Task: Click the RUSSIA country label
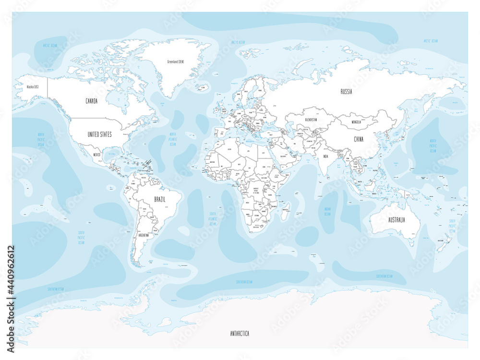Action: pos(346,92)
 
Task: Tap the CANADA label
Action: pos(91,101)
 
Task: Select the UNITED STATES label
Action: pos(99,134)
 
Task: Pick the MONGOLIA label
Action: pos(360,122)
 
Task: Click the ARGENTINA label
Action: pos(143,236)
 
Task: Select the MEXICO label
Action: pos(97,155)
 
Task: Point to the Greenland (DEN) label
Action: pos(176,61)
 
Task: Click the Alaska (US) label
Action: pos(33,87)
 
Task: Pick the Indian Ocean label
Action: pos(327,211)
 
